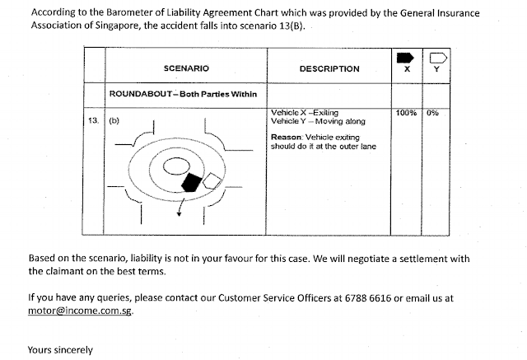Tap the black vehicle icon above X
click(x=405, y=58)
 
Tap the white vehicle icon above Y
click(x=436, y=58)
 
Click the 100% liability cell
click(x=406, y=112)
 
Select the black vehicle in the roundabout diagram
click(x=192, y=181)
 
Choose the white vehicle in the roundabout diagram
click(x=212, y=180)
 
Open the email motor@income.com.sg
click(x=79, y=311)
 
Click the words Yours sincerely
click(x=60, y=349)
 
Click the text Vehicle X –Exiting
click(x=305, y=112)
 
